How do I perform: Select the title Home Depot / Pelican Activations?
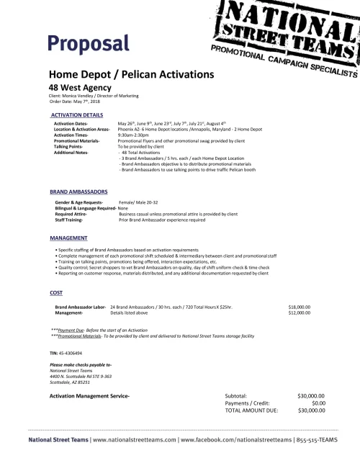[x=131, y=74]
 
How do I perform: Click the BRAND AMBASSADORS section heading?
[x=78, y=193]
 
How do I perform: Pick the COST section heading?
[x=55, y=293]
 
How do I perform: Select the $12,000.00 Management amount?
[x=300, y=313]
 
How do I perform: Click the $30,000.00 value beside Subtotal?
[x=311, y=396]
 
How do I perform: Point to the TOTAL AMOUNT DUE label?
[x=252, y=410]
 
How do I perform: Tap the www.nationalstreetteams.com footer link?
[x=134, y=438]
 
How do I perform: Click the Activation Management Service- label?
[x=89, y=396]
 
